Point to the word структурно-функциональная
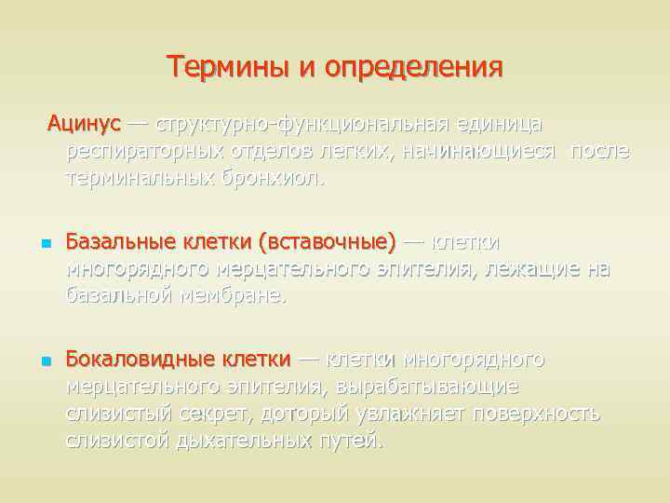click(303, 125)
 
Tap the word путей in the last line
click(350, 440)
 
